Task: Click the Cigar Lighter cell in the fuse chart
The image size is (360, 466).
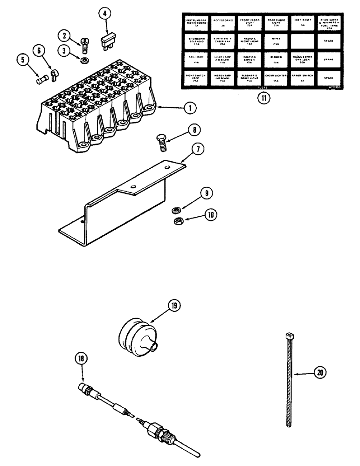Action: point(275,76)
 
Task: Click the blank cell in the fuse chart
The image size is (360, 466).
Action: point(302,41)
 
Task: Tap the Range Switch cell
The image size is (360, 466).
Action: point(302,76)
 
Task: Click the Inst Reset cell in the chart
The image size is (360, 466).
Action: point(302,23)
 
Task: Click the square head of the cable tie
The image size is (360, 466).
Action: point(288,336)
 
